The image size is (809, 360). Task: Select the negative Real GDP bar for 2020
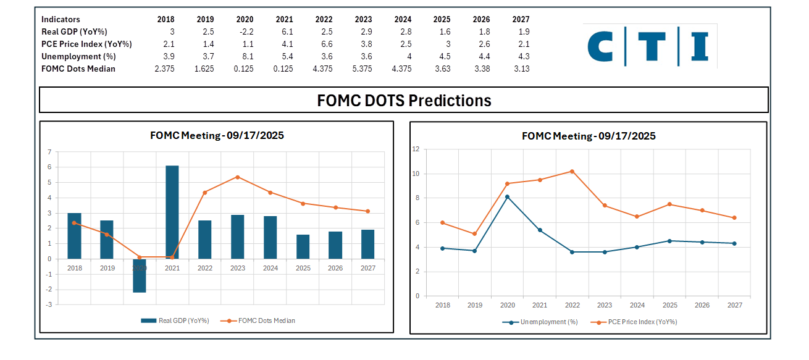click(140, 276)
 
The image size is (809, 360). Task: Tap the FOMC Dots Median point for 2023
click(238, 177)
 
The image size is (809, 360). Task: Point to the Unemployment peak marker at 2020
click(508, 197)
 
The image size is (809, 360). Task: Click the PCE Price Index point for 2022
click(572, 171)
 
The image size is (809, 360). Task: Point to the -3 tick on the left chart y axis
click(48, 304)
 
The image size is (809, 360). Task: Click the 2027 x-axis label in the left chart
click(368, 268)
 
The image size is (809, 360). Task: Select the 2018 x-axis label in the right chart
click(443, 305)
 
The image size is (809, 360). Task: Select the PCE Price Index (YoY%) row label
click(86, 44)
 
